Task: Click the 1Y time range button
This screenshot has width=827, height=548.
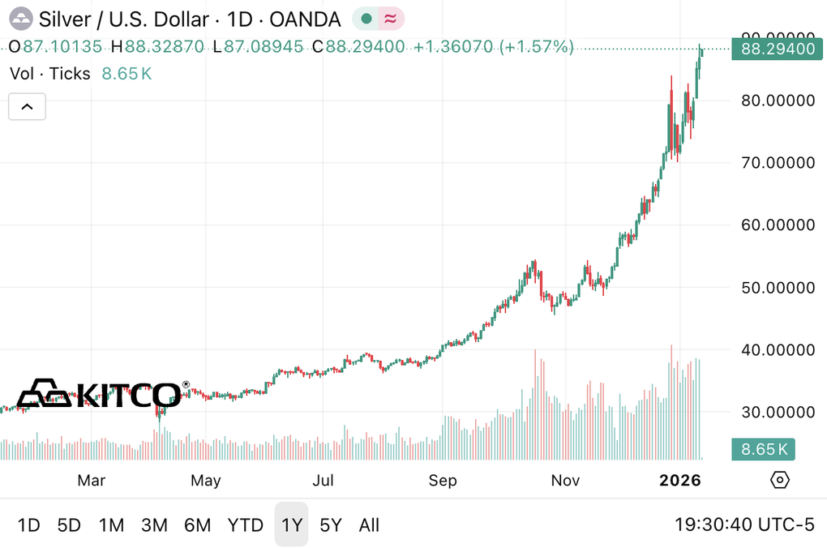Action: [291, 525]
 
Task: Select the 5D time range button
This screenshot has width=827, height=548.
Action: [69, 525]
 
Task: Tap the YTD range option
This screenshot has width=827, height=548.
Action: [245, 525]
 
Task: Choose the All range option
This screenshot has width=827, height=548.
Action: [369, 525]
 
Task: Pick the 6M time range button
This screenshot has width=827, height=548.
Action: [197, 525]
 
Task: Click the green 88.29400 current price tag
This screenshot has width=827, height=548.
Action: [773, 49]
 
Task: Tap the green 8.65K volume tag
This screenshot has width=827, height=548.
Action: [763, 448]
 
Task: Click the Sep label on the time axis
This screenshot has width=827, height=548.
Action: [443, 481]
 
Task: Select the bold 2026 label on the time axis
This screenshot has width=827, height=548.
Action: [679, 481]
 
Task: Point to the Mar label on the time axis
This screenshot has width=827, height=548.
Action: [91, 481]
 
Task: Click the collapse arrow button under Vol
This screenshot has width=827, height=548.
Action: [27, 106]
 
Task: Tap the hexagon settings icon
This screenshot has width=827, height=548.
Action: [779, 480]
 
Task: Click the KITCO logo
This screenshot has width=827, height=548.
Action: [101, 394]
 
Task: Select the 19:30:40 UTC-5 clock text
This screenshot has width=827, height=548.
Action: [744, 525]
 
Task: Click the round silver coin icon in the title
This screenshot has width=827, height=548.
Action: [21, 18]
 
